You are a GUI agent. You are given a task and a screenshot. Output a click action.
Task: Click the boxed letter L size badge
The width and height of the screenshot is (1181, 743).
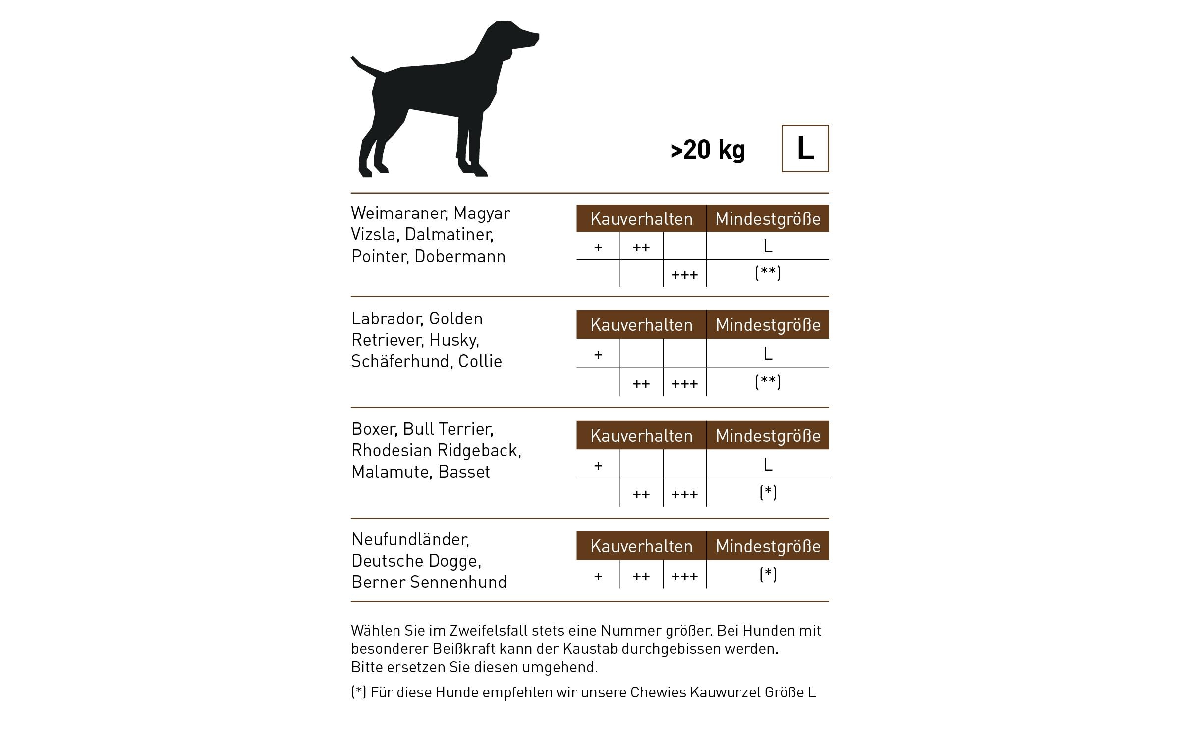point(804,148)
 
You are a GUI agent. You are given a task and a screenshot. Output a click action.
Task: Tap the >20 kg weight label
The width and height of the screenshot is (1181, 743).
point(707,149)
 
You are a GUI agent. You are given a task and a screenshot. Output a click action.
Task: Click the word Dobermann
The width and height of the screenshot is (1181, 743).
point(459,256)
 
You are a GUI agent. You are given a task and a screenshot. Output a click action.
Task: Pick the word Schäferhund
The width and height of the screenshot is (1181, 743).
point(400,361)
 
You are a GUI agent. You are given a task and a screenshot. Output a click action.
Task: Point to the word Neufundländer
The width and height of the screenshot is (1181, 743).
point(410,539)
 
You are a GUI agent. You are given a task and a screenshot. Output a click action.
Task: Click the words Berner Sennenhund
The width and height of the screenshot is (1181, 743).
point(429,582)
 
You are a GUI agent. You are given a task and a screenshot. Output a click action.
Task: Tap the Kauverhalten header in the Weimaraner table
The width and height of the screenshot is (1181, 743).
point(641,218)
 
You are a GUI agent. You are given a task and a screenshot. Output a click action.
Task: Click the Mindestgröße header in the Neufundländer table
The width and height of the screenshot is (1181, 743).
point(768,546)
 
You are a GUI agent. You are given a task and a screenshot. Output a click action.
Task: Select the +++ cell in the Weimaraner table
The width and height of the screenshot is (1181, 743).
point(684,274)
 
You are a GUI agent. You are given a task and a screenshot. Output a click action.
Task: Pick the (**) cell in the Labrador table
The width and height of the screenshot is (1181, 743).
point(768,382)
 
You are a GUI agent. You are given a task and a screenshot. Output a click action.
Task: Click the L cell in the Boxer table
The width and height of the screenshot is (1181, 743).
point(768,464)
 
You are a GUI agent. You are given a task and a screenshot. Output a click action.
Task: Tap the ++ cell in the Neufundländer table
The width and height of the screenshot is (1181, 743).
point(641,576)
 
